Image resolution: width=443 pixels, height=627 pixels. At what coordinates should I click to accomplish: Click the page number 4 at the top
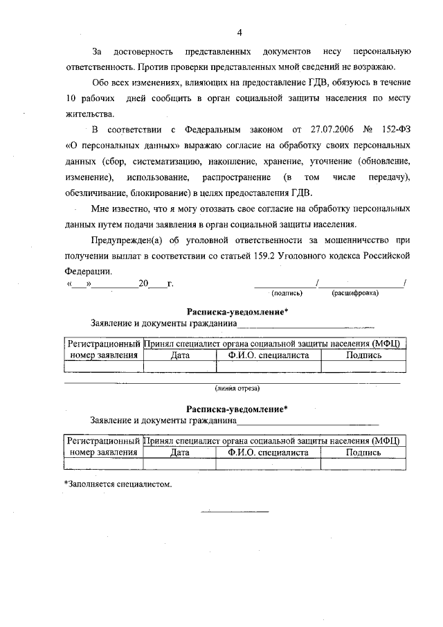[239, 33]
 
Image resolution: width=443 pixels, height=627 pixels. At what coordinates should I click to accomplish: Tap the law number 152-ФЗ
[395, 130]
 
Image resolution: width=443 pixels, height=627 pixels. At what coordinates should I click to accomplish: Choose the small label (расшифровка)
[354, 293]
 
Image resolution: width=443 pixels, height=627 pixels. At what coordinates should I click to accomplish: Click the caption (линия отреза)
[237, 388]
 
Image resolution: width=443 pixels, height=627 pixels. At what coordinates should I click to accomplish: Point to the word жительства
[87, 113]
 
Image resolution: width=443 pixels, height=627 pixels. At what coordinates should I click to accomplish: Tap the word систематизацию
[163, 161]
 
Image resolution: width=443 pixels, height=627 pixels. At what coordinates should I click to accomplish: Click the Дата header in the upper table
[180, 355]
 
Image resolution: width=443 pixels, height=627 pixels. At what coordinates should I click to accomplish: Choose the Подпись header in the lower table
[363, 452]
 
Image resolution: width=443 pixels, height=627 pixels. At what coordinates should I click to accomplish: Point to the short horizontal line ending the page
[235, 512]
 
